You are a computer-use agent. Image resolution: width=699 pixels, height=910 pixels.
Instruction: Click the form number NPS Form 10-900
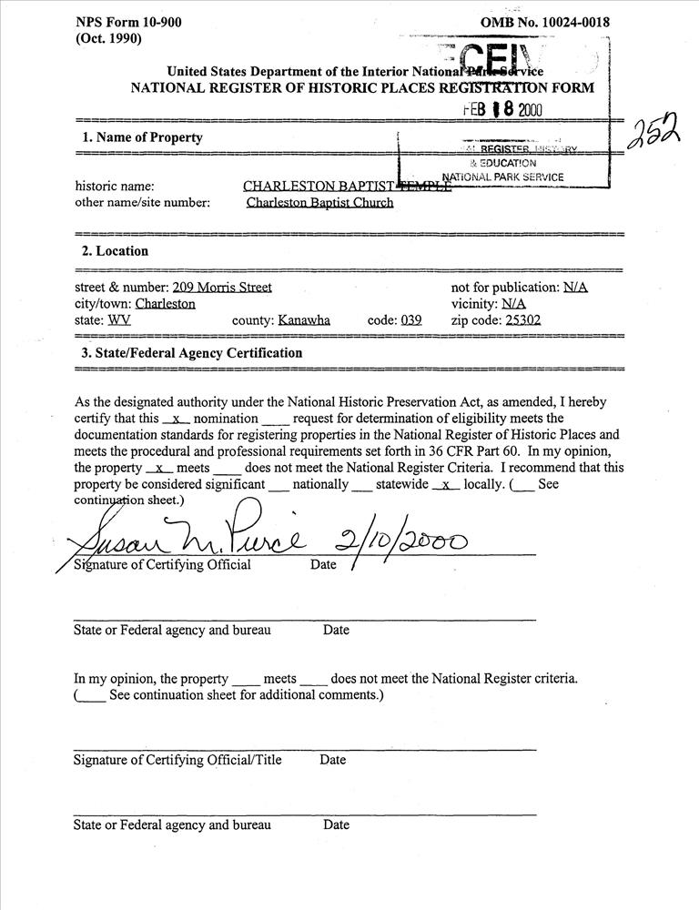(x=127, y=23)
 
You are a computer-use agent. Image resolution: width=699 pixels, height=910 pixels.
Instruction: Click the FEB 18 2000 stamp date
(x=501, y=109)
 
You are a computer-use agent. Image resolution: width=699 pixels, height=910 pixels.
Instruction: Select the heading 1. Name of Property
(x=143, y=138)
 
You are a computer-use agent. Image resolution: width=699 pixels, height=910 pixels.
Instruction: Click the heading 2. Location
(x=116, y=251)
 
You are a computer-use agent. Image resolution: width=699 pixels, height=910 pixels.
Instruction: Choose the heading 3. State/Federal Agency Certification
(x=192, y=353)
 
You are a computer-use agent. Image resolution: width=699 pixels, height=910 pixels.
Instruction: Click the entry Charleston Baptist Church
(x=319, y=203)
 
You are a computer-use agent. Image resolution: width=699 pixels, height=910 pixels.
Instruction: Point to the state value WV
(x=119, y=320)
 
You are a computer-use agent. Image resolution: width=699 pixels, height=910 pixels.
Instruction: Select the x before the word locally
(x=445, y=485)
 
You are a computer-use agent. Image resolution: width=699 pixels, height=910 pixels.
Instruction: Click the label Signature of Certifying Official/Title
(x=177, y=760)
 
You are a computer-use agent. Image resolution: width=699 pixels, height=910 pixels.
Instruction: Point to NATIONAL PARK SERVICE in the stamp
(x=502, y=177)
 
